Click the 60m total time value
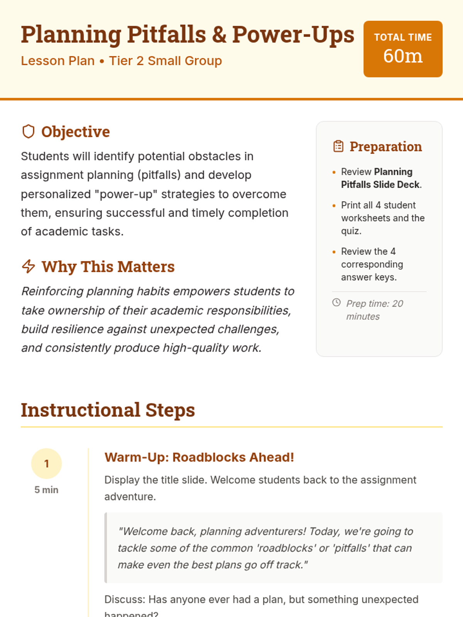(403, 56)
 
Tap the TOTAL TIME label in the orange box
(403, 37)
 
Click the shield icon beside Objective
(29, 131)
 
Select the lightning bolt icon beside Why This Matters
(29, 266)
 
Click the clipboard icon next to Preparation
(338, 147)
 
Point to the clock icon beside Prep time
(336, 303)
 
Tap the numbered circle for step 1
(46, 464)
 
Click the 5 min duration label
(46, 490)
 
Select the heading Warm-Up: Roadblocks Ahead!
(199, 457)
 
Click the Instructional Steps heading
(108, 410)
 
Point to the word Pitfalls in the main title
(167, 35)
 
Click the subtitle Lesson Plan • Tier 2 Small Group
(121, 61)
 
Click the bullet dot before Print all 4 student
(334, 206)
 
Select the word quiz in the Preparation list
(351, 231)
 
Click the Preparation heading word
(385, 147)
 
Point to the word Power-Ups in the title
(293, 35)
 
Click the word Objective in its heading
(76, 132)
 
